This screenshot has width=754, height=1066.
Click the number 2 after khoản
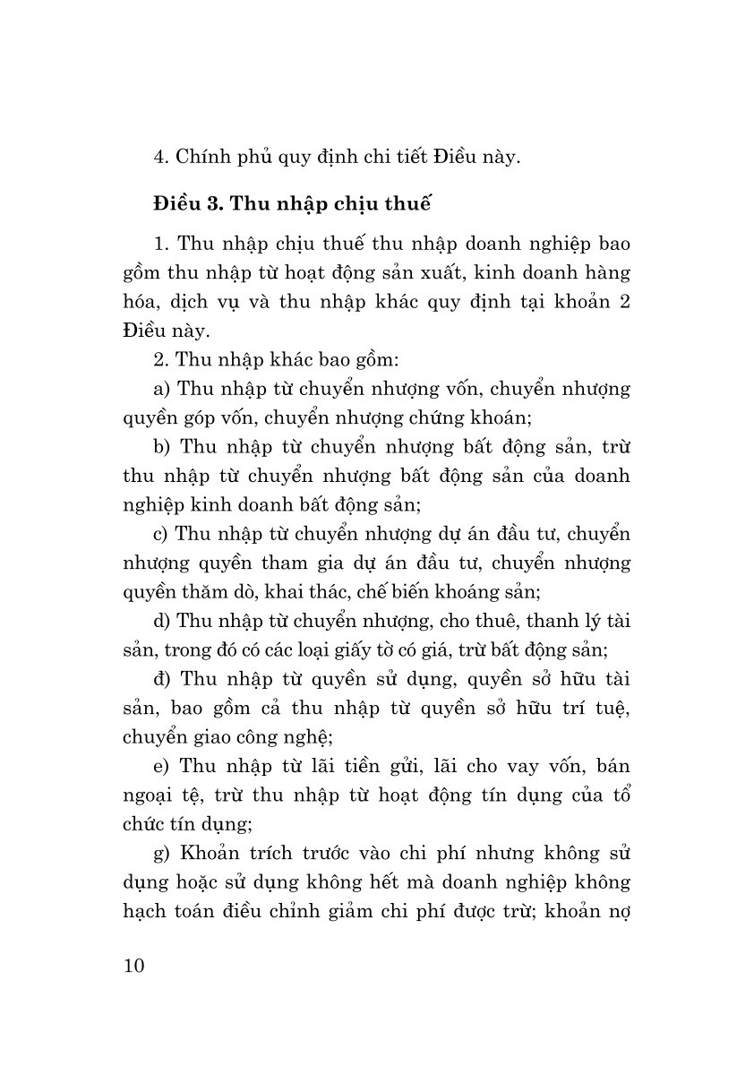tap(626, 301)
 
